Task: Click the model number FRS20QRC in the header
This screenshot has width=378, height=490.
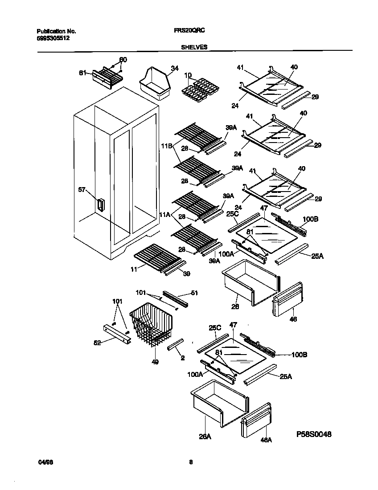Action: pyautogui.click(x=189, y=32)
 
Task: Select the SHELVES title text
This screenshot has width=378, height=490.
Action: pyautogui.click(x=194, y=47)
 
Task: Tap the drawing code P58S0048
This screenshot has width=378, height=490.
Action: pyautogui.click(x=314, y=434)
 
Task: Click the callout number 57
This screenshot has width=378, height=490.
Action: pyautogui.click(x=82, y=190)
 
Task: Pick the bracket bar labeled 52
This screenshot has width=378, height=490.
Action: pyautogui.click(x=117, y=334)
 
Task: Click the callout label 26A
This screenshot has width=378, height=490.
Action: pyautogui.click(x=205, y=437)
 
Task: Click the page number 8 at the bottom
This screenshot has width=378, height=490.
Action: pyautogui.click(x=190, y=462)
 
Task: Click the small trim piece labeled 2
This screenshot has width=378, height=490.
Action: pyautogui.click(x=175, y=344)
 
